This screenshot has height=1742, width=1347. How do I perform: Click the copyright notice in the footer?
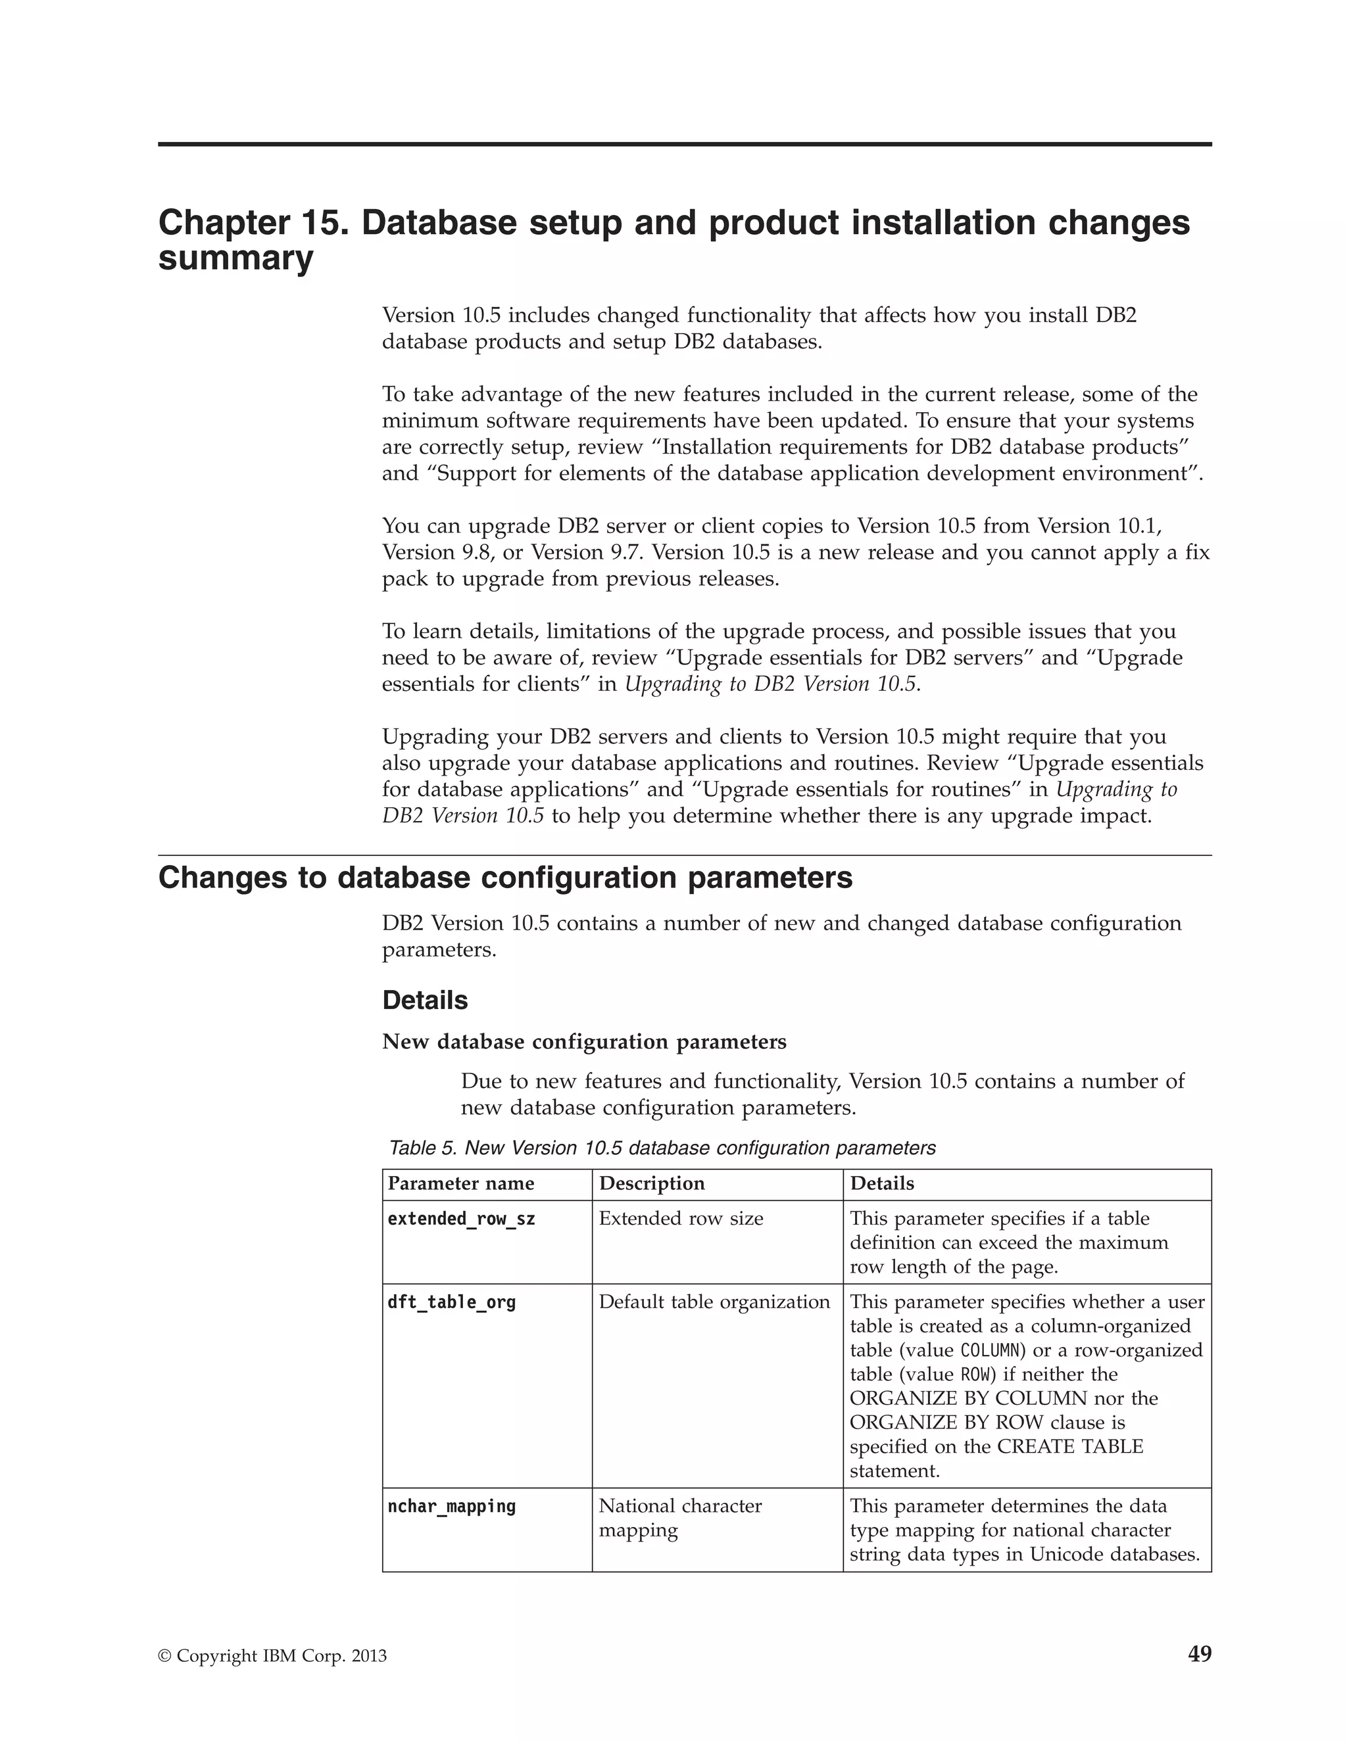272,1657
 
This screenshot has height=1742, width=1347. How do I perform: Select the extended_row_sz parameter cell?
461,1219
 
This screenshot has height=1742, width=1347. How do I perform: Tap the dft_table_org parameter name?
452,1302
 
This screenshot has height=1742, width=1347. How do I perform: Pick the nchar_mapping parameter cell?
452,1506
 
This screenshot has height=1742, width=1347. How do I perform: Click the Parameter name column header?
460,1184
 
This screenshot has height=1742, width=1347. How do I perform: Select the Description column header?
651,1184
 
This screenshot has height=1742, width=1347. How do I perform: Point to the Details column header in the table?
882,1184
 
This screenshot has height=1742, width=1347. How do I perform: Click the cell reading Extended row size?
681,1219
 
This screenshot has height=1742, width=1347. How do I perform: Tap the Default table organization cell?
714,1302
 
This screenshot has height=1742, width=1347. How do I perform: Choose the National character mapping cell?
680,1518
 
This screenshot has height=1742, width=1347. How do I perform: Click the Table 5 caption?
662,1148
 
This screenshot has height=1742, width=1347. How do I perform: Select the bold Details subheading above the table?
424,1000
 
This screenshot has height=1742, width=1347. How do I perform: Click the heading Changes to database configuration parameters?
505,878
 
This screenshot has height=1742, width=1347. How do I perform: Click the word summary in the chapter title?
235,259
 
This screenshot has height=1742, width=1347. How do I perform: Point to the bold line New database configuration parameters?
584,1042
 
